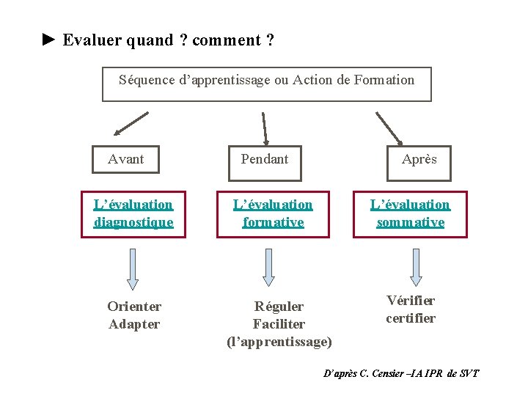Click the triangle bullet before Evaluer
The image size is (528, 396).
pos(48,40)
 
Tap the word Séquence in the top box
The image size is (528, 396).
pos(146,80)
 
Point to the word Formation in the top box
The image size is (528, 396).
pos(383,80)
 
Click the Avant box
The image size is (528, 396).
pos(125,158)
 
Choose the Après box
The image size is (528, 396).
pos(419,159)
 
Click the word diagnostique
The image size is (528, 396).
pos(133,222)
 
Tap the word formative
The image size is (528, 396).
pos(273,222)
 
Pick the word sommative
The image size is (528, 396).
pos(411,222)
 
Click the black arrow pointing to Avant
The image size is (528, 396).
pos(130,125)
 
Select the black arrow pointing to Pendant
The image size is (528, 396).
pos(265,127)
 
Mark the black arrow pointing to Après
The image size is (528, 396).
pos(389,128)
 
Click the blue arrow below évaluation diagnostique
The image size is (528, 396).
pos(133,268)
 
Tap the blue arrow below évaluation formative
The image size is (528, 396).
pos(268,266)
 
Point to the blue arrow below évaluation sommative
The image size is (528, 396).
pos(416,266)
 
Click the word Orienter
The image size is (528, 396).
pos(134,307)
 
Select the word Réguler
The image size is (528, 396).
pos(279,307)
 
